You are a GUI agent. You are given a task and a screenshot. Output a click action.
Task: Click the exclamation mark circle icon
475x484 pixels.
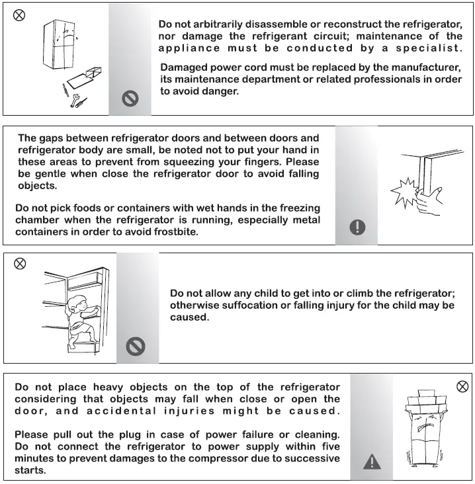pyautogui.click(x=357, y=227)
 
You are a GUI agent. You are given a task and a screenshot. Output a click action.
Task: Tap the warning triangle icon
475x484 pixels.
pyautogui.click(x=372, y=461)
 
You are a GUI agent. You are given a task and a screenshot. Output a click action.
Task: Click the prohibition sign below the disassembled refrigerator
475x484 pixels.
pyautogui.click(x=130, y=99)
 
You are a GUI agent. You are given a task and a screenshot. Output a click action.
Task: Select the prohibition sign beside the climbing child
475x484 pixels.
pyautogui.click(x=136, y=345)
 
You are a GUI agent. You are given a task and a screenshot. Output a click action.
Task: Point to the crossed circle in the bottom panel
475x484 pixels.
pyautogui.click(x=462, y=386)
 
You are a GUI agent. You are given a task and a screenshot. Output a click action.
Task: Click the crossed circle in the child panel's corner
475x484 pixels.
pyautogui.click(x=19, y=264)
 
